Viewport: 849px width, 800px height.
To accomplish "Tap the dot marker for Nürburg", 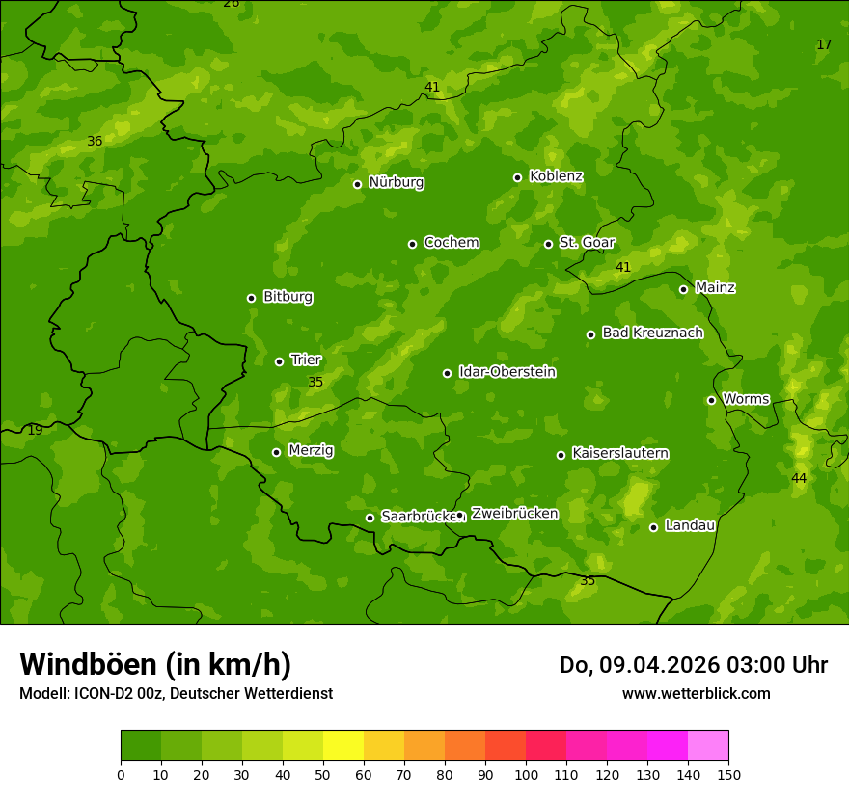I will tap(357, 184).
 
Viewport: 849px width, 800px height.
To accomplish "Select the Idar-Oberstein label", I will tap(507, 372).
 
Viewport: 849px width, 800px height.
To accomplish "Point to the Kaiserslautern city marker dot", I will tap(561, 455).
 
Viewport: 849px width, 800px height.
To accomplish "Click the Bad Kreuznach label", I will tap(652, 333).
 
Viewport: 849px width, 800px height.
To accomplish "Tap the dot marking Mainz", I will tap(683, 289).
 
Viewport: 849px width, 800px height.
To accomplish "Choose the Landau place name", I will tap(690, 525).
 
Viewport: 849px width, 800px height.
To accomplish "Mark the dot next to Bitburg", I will tap(251, 298).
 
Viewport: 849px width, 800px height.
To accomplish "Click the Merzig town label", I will tap(311, 450).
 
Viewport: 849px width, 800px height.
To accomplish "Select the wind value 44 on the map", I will tap(799, 478).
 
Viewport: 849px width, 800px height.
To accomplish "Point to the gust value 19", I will tap(35, 430).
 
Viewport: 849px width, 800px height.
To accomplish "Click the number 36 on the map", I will tap(95, 142).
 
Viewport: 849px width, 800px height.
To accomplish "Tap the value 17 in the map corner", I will tap(824, 45).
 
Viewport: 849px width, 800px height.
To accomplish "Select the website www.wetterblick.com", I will tap(696, 693).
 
